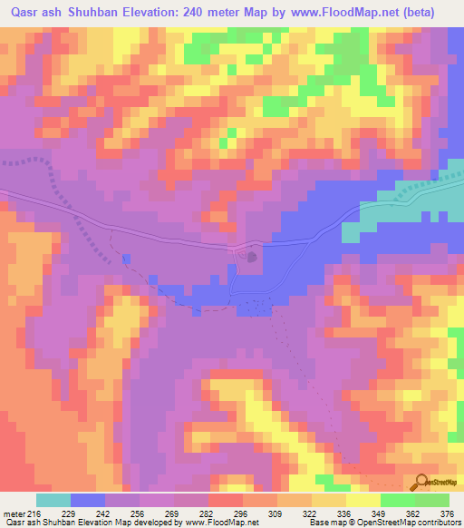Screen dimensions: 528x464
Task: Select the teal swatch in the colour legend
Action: point(53,500)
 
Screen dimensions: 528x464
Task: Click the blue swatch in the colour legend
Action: point(88,500)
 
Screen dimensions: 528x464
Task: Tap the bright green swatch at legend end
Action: point(431,500)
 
